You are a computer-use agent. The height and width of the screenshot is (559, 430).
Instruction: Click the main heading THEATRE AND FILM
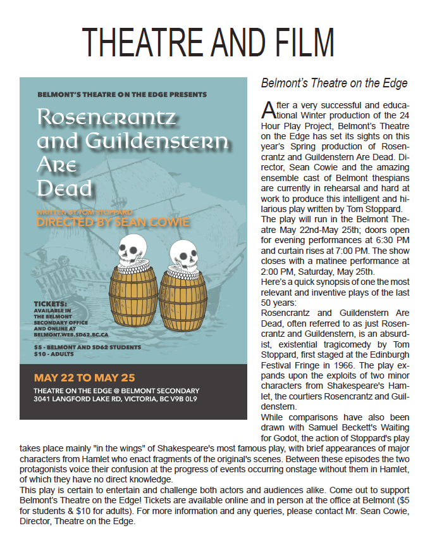208,43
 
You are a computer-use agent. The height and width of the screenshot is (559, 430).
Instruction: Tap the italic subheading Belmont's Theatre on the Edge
334,83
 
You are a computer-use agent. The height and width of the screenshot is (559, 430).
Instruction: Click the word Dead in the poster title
64,188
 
